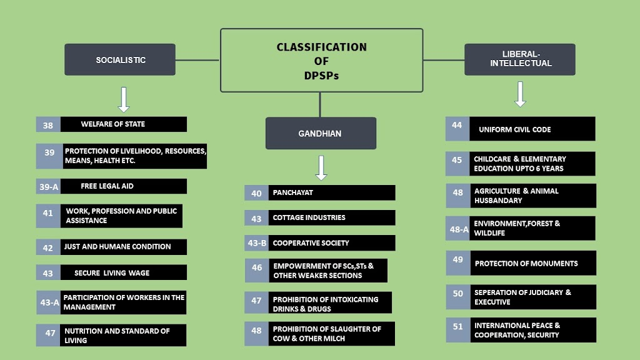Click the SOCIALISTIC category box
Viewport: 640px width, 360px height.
click(120, 60)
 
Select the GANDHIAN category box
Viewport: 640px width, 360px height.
click(321, 133)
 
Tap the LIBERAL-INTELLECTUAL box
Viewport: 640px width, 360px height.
click(519, 59)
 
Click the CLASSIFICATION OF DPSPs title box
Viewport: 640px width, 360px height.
click(321, 60)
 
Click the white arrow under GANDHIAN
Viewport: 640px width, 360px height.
click(321, 167)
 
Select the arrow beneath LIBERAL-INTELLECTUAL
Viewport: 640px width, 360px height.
click(520, 94)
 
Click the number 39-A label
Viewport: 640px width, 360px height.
click(49, 186)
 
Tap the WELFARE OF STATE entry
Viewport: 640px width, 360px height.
click(112, 124)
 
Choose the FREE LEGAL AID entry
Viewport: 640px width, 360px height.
click(107, 186)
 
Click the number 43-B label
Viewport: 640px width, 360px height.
click(257, 243)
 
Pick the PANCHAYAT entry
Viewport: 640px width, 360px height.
click(292, 192)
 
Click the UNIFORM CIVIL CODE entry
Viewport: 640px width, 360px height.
click(514, 129)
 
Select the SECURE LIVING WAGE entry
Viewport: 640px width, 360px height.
click(112, 272)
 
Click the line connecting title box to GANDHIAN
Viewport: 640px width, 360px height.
click(321, 104)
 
